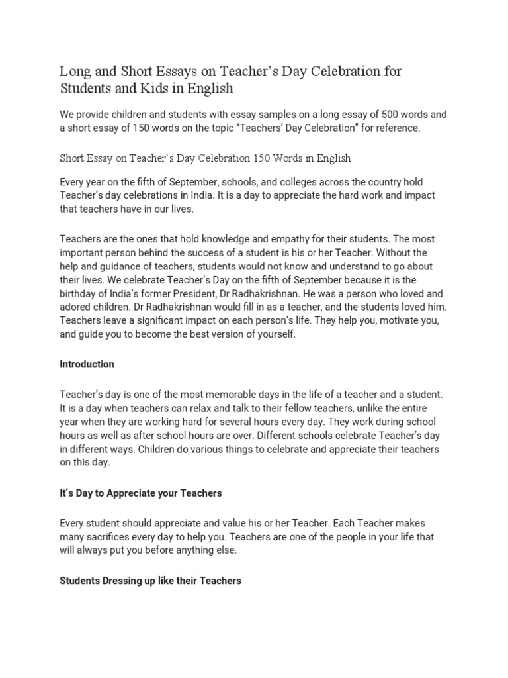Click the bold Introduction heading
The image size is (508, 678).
click(x=87, y=364)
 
